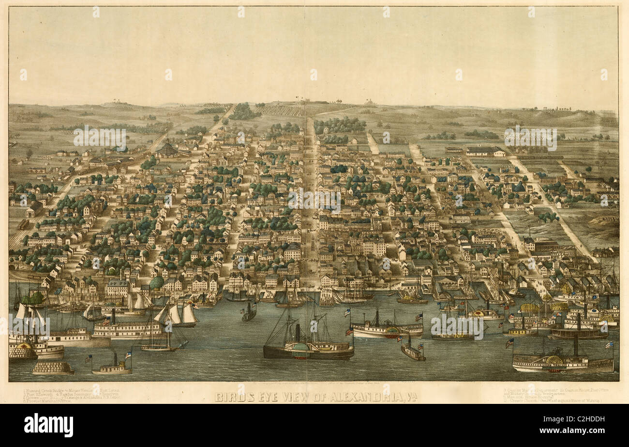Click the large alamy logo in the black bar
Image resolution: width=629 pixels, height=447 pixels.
point(49,425)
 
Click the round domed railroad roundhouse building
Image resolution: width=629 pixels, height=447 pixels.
point(168,149)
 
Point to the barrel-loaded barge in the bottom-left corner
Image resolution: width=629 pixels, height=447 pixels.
point(53,368)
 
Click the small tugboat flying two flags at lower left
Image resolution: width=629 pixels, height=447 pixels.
point(112,368)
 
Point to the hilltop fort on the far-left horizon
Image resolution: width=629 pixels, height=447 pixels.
point(118,102)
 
